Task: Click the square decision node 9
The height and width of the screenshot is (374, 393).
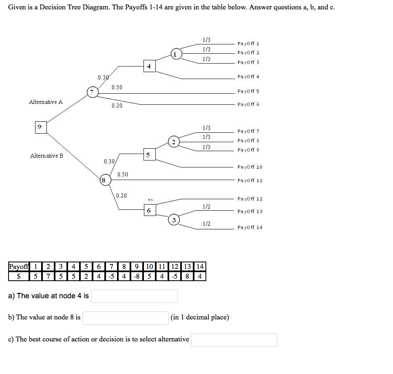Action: [x=40, y=127]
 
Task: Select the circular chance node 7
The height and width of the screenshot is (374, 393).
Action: [x=93, y=92]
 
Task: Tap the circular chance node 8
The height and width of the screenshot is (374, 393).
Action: [x=104, y=180]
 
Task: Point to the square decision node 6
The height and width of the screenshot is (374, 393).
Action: [x=149, y=210]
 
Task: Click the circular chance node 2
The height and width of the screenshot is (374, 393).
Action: [x=174, y=142]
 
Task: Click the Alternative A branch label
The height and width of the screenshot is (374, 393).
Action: [x=46, y=102]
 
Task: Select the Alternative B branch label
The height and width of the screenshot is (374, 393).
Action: [x=47, y=156]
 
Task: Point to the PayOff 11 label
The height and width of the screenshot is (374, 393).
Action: [x=250, y=180]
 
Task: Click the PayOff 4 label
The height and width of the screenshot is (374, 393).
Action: [x=248, y=77]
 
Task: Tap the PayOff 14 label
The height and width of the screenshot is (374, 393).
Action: [x=250, y=227]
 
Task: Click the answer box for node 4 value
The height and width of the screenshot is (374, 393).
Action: [x=134, y=296]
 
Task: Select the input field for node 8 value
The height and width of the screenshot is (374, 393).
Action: [x=126, y=317]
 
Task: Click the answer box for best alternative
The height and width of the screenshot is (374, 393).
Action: [x=234, y=340]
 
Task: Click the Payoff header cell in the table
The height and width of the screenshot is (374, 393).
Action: [x=19, y=267]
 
